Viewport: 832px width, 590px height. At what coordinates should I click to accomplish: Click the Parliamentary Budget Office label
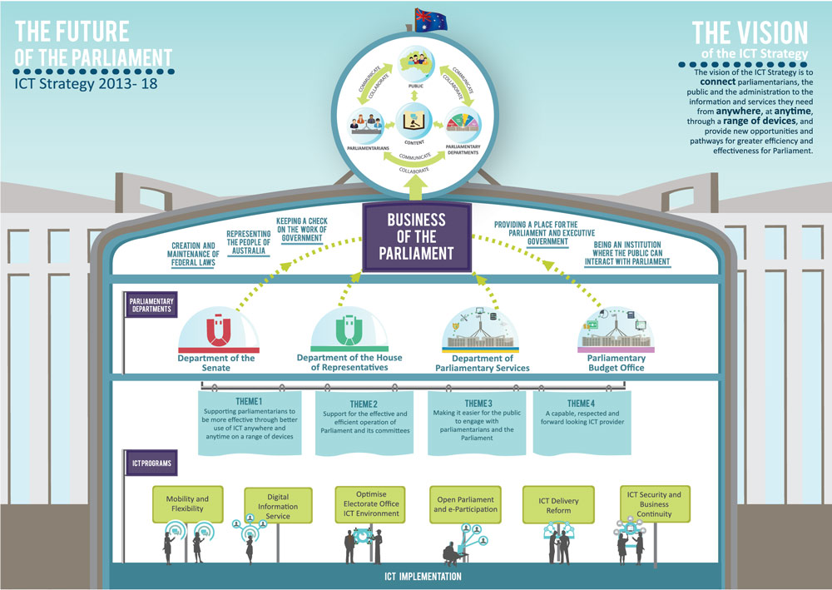tap(616, 363)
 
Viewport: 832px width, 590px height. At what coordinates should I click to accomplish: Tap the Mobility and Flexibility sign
tap(187, 504)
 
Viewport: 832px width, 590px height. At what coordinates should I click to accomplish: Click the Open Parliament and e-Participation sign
tap(466, 504)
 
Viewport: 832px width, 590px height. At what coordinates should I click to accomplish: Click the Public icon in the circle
tap(415, 66)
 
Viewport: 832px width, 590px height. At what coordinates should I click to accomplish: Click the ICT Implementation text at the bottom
tap(415, 575)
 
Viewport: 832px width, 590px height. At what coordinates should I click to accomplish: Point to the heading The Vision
tap(750, 33)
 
